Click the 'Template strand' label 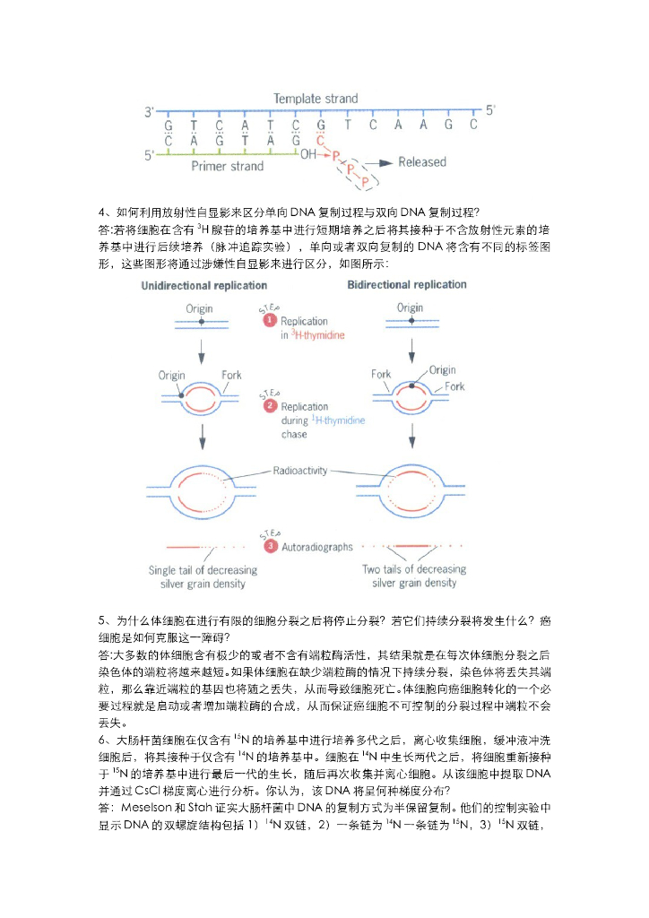pos(315,99)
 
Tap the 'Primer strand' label pos(228,167)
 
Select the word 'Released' pos(421,162)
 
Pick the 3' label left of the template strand pos(150,112)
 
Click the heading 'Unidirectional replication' pos(203,286)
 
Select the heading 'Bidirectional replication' pos(406,285)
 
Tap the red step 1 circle pos(269,321)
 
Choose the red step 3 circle pos(269,546)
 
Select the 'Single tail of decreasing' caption pos(203,569)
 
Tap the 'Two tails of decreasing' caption pos(413,569)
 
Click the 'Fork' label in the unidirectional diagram pos(231,375)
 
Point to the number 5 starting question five pos(101,620)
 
